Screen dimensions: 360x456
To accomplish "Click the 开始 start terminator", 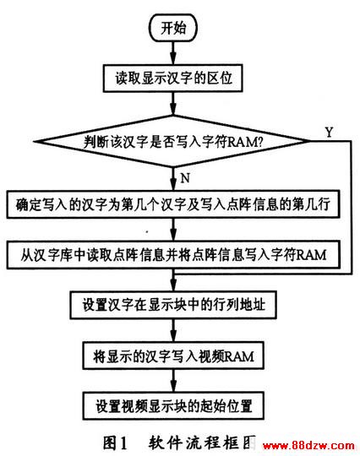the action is pyautogui.click(x=173, y=28).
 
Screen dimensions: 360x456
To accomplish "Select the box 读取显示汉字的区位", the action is pyautogui.click(x=173, y=79).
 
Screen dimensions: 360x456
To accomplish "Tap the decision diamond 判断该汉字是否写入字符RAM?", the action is pyautogui.click(x=172, y=141).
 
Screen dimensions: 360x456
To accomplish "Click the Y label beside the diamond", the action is pyautogui.click(x=329, y=133).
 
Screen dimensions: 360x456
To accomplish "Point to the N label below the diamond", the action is pyautogui.click(x=185, y=177).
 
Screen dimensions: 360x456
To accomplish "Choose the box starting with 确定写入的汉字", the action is pyautogui.click(x=173, y=204).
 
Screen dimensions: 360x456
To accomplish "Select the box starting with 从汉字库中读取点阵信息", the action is pyautogui.click(x=173, y=254).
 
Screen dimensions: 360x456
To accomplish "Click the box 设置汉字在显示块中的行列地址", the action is pyautogui.click(x=173, y=305).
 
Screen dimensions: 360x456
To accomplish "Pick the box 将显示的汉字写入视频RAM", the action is pyautogui.click(x=173, y=356).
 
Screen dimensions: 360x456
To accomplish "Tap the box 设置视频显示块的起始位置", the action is pyautogui.click(x=173, y=406).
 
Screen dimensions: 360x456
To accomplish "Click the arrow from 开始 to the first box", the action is pyautogui.click(x=173, y=53).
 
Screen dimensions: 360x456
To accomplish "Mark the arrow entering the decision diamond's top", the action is pyautogui.click(x=173, y=104).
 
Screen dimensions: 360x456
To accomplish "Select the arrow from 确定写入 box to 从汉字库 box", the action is pyautogui.click(x=173, y=229).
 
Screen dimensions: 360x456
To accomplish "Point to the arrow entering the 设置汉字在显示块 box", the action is pyautogui.click(x=173, y=280).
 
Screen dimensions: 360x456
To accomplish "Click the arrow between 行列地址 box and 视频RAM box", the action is pyautogui.click(x=173, y=330).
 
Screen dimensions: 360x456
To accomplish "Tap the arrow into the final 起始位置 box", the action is pyautogui.click(x=173, y=381).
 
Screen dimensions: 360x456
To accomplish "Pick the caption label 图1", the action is pyautogui.click(x=115, y=442).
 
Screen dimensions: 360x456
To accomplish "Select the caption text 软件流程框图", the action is pyautogui.click(x=202, y=442).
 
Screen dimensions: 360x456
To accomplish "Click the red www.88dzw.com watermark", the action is pyautogui.click(x=308, y=445).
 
